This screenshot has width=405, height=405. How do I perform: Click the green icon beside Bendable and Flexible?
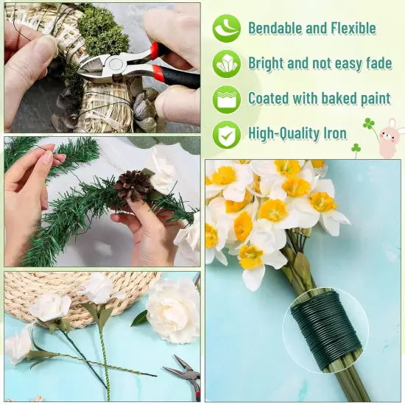[x=226, y=28]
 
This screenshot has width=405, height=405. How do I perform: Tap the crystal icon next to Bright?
[x=226, y=64]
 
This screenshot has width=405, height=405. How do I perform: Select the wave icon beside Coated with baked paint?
[x=226, y=99]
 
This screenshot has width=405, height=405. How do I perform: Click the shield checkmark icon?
[x=226, y=134]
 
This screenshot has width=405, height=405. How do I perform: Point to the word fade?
[x=374, y=63]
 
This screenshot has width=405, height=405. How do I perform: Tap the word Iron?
[x=331, y=133]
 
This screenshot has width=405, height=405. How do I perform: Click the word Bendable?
[x=276, y=29]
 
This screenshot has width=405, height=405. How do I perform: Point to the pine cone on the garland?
[x=135, y=185]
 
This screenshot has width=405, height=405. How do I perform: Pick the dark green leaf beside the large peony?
[x=139, y=318]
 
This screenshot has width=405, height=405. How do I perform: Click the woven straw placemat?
[x=74, y=291]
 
